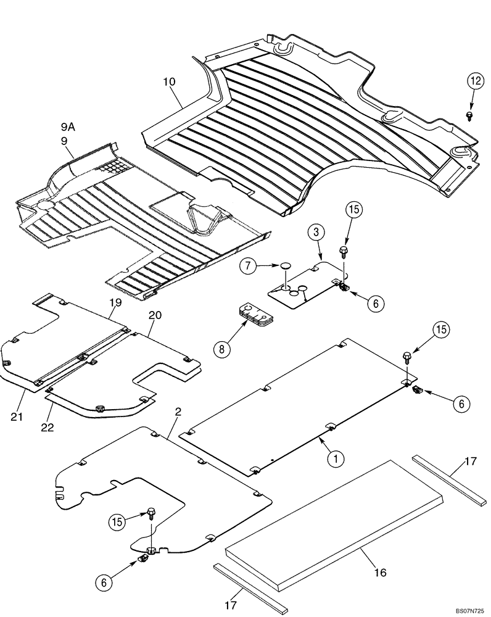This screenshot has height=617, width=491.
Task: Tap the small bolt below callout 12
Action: tap(470, 115)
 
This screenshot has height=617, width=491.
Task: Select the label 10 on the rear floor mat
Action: tap(170, 81)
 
